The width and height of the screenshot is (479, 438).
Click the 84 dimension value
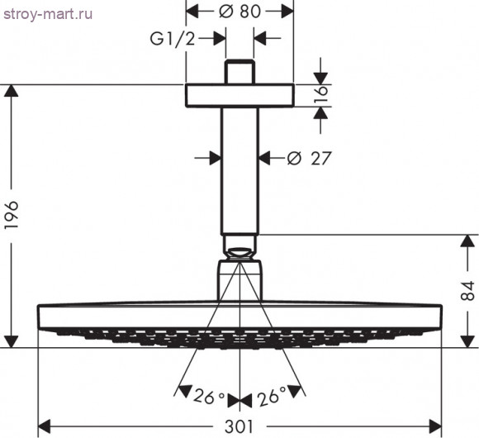[467, 291]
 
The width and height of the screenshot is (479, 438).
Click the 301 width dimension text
[239, 426]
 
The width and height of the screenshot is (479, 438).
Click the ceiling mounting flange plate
[239, 95]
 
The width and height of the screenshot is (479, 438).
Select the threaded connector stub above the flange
[239, 71]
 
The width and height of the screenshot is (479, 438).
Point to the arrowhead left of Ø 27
[212, 157]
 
